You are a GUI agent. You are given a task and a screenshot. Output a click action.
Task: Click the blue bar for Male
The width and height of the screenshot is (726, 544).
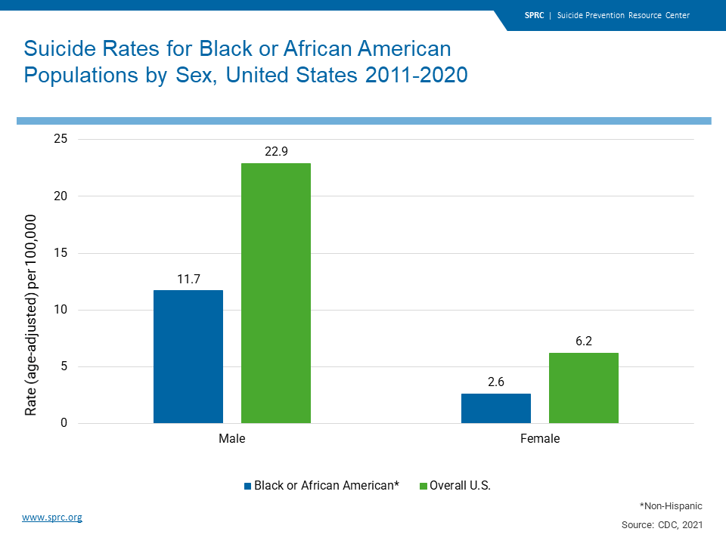pos(188,357)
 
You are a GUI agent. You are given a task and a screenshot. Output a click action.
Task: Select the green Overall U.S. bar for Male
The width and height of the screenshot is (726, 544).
pos(276,293)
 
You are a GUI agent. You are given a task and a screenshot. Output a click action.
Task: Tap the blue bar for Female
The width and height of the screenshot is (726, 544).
pos(496,408)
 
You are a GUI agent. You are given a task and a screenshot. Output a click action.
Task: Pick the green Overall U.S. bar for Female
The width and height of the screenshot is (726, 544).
pos(584,388)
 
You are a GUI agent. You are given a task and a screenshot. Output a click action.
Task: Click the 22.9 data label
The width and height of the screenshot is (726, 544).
pos(276,150)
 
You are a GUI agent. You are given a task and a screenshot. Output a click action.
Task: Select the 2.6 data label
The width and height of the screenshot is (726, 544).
pos(496,382)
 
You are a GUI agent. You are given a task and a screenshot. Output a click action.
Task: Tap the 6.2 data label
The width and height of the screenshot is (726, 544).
pos(584,341)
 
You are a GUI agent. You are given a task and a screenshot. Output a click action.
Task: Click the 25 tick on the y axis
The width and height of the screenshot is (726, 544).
pos(60,139)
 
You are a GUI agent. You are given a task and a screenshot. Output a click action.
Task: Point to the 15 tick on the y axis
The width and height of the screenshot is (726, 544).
pos(60,253)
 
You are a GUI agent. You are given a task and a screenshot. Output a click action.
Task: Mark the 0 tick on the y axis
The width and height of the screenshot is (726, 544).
pos(64,423)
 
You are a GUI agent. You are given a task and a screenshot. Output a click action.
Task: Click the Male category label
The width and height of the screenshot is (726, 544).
pos(231,439)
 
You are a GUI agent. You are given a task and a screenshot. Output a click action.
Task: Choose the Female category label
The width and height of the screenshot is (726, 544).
pos(540,439)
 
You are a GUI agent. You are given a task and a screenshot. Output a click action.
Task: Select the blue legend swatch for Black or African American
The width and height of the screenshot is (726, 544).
pos(247,486)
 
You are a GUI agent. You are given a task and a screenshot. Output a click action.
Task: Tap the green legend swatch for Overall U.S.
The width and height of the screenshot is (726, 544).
pos(423,486)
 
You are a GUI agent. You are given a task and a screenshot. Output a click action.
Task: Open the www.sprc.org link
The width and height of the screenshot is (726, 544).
pos(51,518)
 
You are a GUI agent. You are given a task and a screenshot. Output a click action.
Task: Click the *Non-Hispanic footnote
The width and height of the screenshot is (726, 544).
pos(670,505)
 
